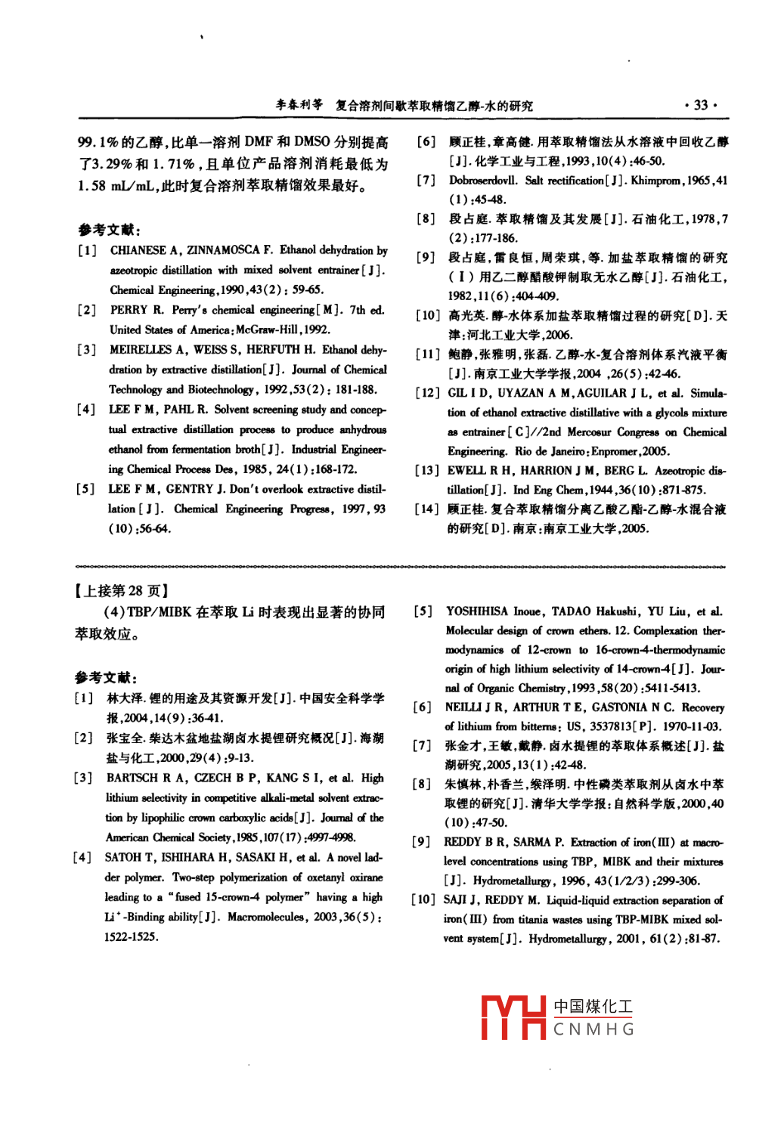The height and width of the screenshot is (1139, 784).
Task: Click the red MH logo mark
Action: tap(513, 1017)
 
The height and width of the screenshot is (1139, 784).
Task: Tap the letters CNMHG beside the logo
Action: tap(593, 1029)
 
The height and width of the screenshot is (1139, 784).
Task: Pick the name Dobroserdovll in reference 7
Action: tap(483, 181)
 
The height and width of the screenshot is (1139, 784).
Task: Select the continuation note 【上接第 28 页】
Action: tap(121, 591)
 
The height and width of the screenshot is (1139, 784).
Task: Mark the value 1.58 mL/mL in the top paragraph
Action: tap(117, 186)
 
